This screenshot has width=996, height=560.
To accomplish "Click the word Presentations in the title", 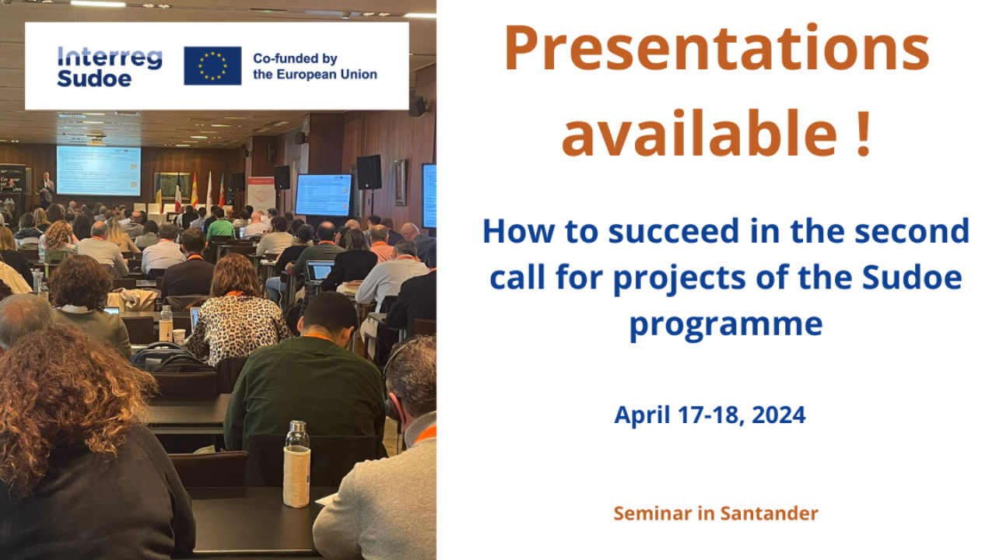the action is pyautogui.click(x=717, y=48).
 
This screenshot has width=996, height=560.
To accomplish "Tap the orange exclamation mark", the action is pyautogui.click(x=864, y=133).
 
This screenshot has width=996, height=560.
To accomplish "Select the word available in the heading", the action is pyautogui.click(x=700, y=133).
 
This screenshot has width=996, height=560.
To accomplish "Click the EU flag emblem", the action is pyautogui.click(x=212, y=66).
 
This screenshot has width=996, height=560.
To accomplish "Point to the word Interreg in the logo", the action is pyautogui.click(x=110, y=58).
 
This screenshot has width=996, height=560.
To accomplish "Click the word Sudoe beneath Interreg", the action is pyautogui.click(x=94, y=79).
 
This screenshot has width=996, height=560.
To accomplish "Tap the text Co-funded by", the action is pyautogui.click(x=295, y=58).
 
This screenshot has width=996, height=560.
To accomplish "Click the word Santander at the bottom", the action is pyautogui.click(x=770, y=513).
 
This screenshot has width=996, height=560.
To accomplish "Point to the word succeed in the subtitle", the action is pyautogui.click(x=673, y=232).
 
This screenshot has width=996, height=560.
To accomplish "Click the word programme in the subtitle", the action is pyautogui.click(x=726, y=325).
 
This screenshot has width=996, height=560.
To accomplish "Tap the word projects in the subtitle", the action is pyautogui.click(x=679, y=278).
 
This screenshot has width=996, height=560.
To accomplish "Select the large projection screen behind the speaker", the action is pyautogui.click(x=98, y=170).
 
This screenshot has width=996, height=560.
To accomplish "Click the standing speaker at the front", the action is pyautogui.click(x=45, y=190).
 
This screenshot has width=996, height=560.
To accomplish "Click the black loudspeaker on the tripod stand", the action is pyautogui.click(x=369, y=172).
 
